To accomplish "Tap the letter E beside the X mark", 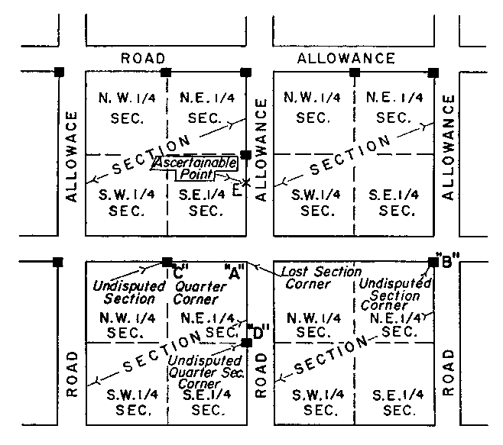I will [237, 189].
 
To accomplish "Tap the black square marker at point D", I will [246, 342].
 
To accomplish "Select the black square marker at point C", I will [167, 263].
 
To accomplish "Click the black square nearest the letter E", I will [246, 155].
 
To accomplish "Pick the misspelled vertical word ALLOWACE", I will [73, 156].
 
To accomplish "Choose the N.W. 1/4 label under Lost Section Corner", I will [313, 324].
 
